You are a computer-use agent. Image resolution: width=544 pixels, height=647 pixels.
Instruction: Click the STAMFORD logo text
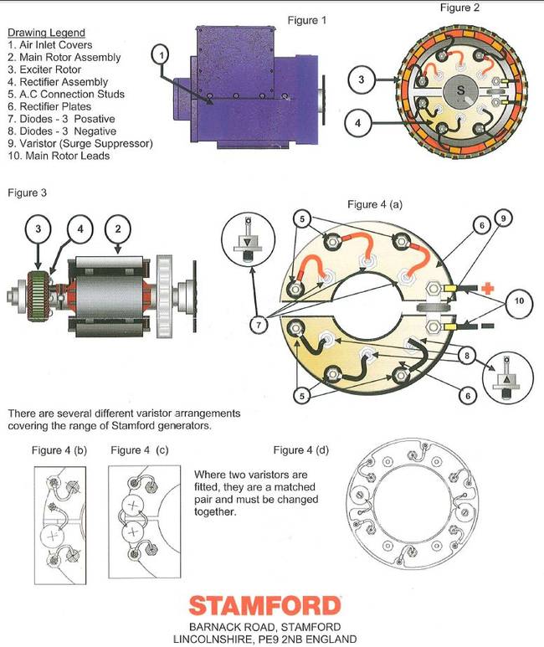point(264,606)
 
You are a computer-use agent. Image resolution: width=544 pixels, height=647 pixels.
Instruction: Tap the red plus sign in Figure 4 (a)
point(487,288)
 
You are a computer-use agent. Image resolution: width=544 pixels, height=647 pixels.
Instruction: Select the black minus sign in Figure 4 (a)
point(487,326)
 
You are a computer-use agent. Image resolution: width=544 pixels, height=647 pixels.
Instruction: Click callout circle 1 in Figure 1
point(161,55)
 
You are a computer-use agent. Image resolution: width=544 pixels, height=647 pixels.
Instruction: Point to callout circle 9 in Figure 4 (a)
point(503,218)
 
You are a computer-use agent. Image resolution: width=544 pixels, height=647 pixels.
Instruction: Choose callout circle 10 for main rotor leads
point(519,301)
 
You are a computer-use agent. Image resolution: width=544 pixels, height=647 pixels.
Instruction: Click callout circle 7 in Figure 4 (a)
point(259,325)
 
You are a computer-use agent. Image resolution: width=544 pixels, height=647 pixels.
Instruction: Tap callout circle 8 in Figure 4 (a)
point(467,355)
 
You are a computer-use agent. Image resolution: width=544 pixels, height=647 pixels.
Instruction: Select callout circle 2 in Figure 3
point(118,229)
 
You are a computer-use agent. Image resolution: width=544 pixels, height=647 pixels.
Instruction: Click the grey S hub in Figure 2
point(460,90)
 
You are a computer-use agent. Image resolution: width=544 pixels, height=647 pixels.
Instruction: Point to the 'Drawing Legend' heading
point(46,33)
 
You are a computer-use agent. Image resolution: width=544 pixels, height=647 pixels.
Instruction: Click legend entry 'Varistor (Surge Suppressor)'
point(80,144)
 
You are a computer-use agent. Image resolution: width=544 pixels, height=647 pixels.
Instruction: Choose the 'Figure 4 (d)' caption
point(301,450)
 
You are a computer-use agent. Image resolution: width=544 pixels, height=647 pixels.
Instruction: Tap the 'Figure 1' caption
point(306,20)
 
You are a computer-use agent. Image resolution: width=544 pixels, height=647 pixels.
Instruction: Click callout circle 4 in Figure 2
point(358,123)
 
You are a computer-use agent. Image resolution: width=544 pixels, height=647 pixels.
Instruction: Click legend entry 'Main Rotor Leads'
point(59,156)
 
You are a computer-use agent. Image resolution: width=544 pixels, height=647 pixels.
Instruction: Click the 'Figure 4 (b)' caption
point(59,450)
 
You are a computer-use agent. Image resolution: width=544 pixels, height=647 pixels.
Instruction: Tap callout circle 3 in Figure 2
point(362,80)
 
